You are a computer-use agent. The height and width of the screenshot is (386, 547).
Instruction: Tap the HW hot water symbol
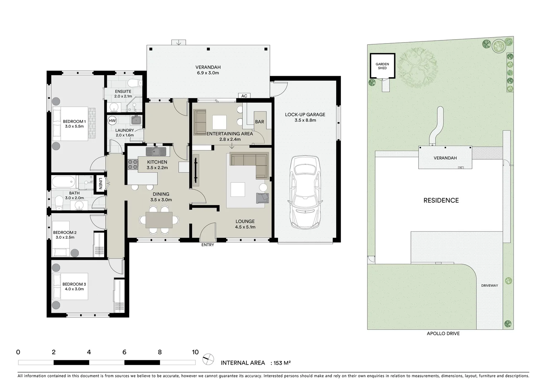coord(112,121)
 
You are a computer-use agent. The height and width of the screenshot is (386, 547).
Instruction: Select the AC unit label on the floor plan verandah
coord(244,96)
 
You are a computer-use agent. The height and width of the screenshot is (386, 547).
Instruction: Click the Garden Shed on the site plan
coord(382,66)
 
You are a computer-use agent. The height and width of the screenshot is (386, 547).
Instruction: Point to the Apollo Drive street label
coord(443,333)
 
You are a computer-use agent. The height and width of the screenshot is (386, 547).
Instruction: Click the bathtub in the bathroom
coord(64,182)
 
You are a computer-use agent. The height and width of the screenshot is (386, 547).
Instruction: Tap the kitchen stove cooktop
coord(133,164)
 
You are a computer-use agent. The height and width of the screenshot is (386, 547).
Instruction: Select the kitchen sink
coord(156,152)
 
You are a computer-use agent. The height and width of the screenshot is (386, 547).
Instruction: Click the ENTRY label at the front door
coord(207,245)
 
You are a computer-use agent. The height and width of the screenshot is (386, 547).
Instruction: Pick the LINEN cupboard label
coord(101,184)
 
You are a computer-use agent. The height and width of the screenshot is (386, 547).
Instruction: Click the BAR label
coord(259,122)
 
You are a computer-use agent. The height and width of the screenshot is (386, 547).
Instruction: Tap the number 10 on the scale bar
coord(195,352)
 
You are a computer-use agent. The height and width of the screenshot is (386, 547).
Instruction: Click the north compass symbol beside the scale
coord(208,359)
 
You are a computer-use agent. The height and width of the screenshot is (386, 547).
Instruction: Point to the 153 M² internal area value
coord(282,363)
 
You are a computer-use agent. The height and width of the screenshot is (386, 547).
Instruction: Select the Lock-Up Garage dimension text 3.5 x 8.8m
coord(305,120)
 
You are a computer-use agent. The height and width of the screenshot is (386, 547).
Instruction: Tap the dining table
coord(159,220)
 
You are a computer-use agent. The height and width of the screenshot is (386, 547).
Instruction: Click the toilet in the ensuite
coord(135,83)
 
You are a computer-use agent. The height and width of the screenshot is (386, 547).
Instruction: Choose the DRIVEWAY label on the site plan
coord(489,286)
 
